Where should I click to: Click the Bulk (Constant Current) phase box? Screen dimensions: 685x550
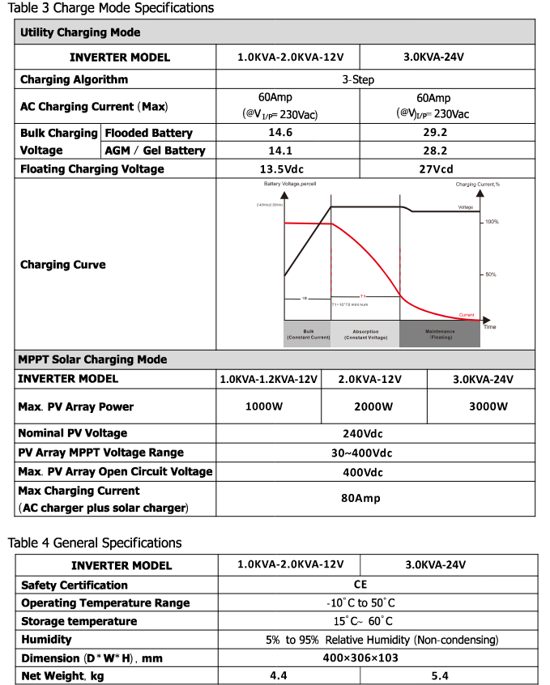(x=308, y=334)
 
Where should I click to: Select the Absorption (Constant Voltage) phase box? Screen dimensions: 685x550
(x=365, y=334)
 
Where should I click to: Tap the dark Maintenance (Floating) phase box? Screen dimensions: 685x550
(x=441, y=334)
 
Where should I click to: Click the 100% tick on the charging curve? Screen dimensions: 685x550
(x=491, y=221)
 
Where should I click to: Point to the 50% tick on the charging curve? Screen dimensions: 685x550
(x=491, y=274)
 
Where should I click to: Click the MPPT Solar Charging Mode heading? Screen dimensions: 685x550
(x=92, y=360)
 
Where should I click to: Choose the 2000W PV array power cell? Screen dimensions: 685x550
(x=374, y=406)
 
